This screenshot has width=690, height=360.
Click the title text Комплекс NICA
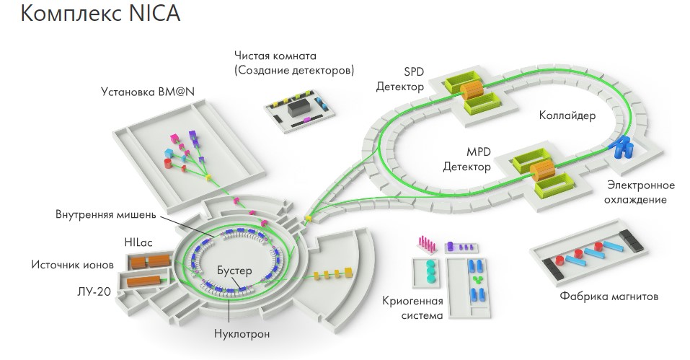pyautogui.click(x=100, y=13)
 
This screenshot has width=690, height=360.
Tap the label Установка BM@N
pyautogui.click(x=148, y=92)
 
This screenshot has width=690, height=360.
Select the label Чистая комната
pyautogui.click(x=275, y=56)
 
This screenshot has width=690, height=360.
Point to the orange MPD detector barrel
pyautogui.click(x=542, y=170)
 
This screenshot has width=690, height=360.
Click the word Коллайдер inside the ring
pyautogui.click(x=567, y=115)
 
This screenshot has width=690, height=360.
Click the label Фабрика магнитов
pyautogui.click(x=609, y=297)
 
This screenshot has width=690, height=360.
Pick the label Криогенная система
pyautogui.click(x=412, y=308)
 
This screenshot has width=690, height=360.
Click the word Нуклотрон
pyautogui.click(x=242, y=333)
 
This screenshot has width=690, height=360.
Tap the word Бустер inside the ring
pyautogui.click(x=234, y=271)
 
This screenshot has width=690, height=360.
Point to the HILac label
pyautogui.click(x=138, y=242)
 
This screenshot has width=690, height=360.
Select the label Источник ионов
pyautogui.click(x=72, y=265)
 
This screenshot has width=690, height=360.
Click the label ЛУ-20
pyautogui.click(x=94, y=291)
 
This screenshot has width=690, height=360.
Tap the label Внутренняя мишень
pyautogui.click(x=105, y=214)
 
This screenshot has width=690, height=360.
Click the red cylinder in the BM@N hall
pyautogui.click(x=168, y=164)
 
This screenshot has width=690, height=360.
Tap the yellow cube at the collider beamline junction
pyautogui.click(x=309, y=218)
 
